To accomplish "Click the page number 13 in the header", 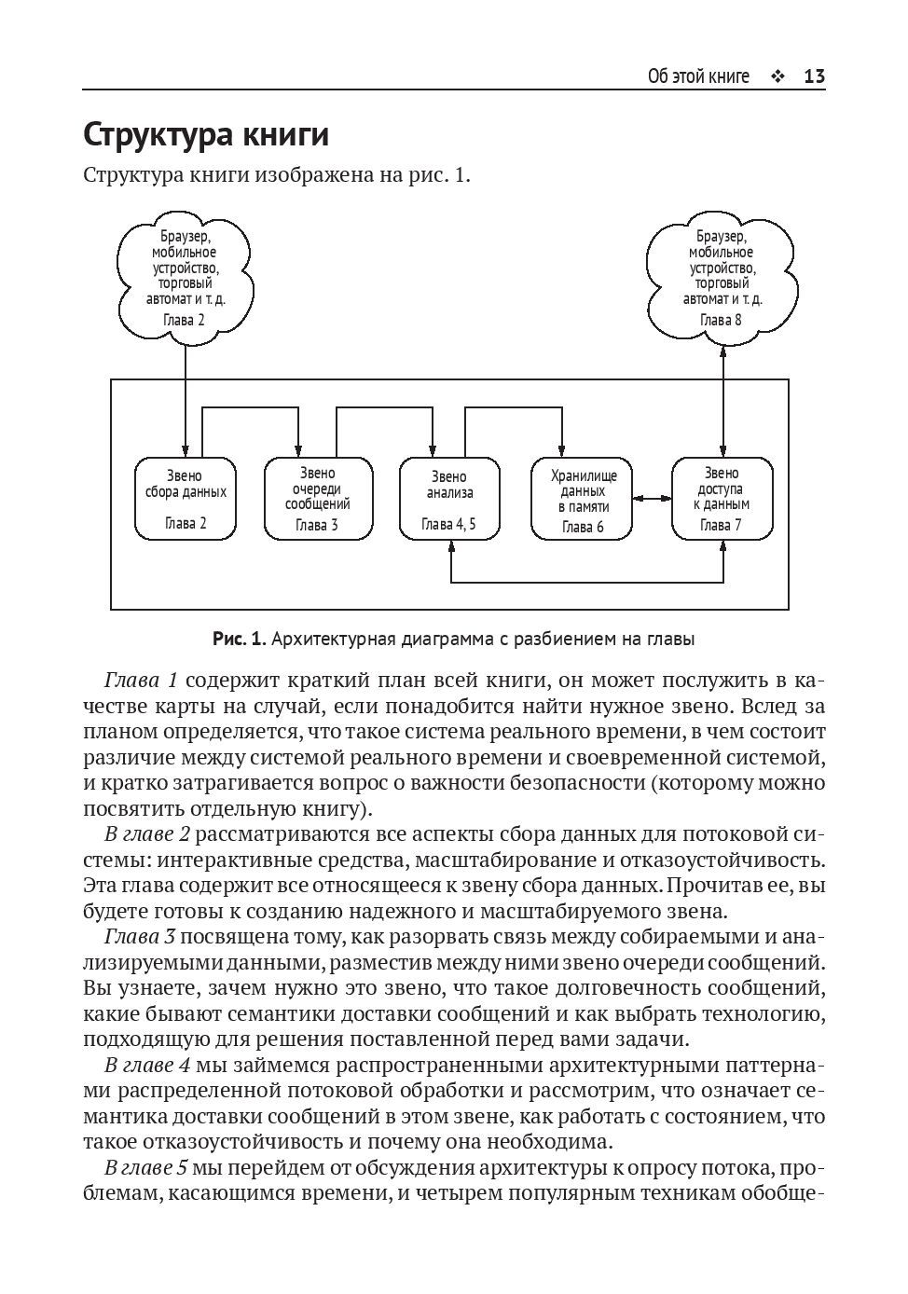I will tap(814, 76).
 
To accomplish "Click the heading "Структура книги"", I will tap(206, 135).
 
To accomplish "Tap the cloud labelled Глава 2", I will tap(185, 277).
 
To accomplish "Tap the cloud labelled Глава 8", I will tap(722, 277).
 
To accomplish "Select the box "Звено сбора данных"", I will tap(186, 498).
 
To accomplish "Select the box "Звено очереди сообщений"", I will tap(317, 498).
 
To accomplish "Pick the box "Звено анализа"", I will tap(449, 498).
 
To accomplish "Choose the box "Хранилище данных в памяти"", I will tap(583, 498).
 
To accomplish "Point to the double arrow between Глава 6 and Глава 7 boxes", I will tap(652, 500).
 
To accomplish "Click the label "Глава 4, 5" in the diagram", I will tap(449, 524).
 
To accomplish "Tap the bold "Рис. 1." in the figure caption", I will tap(241, 640).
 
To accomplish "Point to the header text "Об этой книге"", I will tap(698, 76).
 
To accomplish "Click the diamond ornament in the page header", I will tap(777, 76).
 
